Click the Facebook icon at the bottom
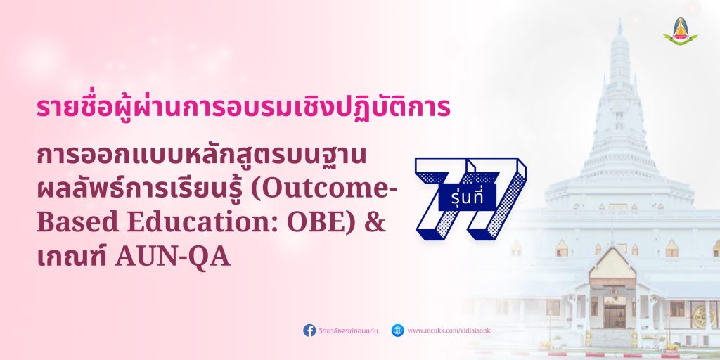click(309, 330)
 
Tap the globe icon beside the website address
click(398, 330)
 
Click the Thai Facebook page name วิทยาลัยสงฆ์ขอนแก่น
click(348, 330)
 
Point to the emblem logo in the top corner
click(680, 31)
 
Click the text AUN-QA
click(173, 257)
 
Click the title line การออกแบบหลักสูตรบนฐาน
click(202, 157)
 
